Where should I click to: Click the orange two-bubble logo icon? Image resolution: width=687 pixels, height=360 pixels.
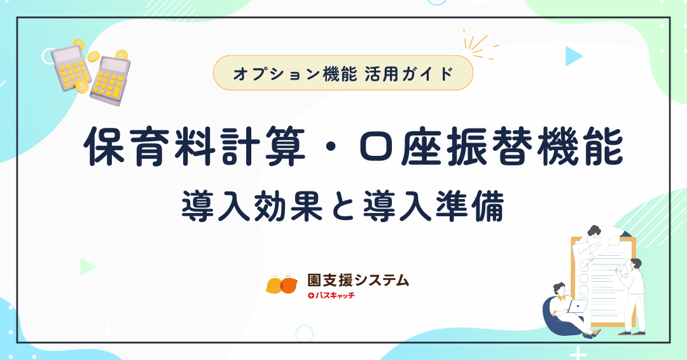282,285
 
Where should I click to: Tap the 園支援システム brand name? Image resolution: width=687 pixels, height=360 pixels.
358,280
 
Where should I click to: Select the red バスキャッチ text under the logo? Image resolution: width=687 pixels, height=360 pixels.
331,296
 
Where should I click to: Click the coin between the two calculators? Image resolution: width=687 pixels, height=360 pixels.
93,57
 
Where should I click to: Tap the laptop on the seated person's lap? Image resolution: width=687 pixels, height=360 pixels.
578,306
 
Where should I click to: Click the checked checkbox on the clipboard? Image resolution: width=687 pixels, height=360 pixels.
584,266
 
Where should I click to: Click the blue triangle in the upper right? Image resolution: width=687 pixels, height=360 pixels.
573,56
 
